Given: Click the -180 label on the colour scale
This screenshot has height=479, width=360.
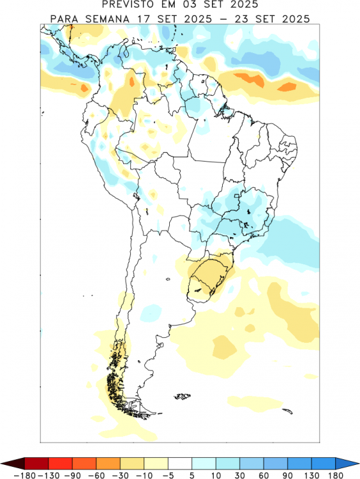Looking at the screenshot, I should pyautogui.click(x=24, y=475).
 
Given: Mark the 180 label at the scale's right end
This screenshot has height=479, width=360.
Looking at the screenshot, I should pyautogui.click(x=336, y=475).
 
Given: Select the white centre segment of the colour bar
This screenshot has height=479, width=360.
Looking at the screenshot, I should pyautogui.click(x=180, y=464).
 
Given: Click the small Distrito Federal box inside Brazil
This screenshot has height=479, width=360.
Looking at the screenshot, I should pyautogui.click(x=237, y=197).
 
